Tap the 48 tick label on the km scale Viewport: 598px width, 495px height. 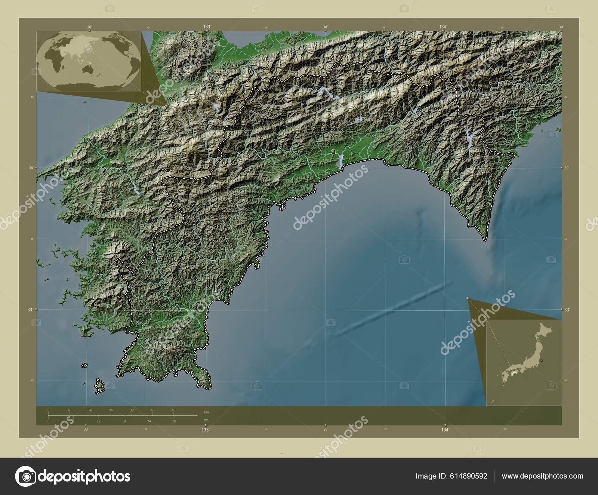pos(173,410)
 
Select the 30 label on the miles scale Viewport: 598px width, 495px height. pos(174,421)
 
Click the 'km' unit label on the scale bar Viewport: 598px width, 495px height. pos(206,412)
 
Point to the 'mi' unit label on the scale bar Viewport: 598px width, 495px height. pos(206,419)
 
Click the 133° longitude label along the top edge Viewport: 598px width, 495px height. pos(206,27)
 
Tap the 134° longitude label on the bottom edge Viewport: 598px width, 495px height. pos(445,430)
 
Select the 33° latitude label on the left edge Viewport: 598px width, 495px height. pos(30,309)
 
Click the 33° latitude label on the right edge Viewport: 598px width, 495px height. pos(567,310)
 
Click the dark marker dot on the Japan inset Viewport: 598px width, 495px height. pos(541,360)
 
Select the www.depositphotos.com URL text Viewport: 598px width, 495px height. pos(542,476)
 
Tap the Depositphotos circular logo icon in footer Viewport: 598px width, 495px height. pos(25,476)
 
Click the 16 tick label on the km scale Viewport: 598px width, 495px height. pos(90,410)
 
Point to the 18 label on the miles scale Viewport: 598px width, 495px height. pos(124,421)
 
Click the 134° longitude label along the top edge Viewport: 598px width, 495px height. pos(443,27)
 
